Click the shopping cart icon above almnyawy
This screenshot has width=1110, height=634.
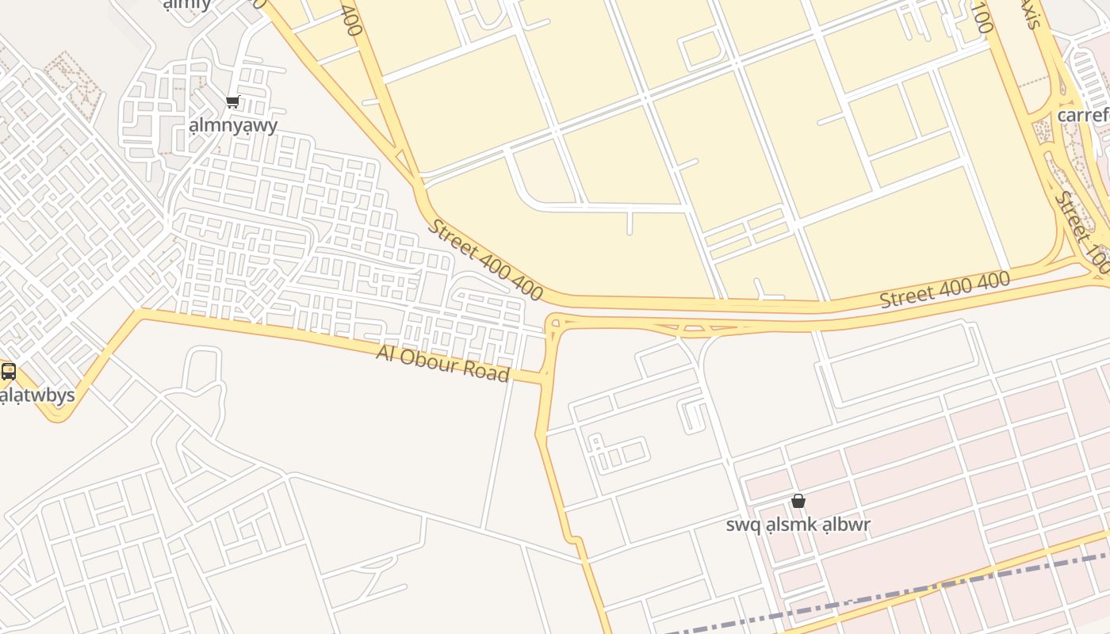(232, 101)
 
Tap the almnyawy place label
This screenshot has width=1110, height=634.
(233, 125)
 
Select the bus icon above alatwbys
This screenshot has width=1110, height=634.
(9, 371)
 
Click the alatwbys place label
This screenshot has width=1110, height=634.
(36, 395)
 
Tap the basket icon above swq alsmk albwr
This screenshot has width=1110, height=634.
(798, 501)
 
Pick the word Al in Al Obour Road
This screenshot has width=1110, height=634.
(385, 353)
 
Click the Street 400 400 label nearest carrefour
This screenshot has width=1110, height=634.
(944, 289)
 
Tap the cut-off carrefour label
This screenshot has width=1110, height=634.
(1083, 116)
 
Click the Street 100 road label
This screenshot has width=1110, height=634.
(1083, 231)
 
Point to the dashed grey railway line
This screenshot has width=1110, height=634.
(912, 591)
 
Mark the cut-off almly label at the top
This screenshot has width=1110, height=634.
(187, 5)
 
